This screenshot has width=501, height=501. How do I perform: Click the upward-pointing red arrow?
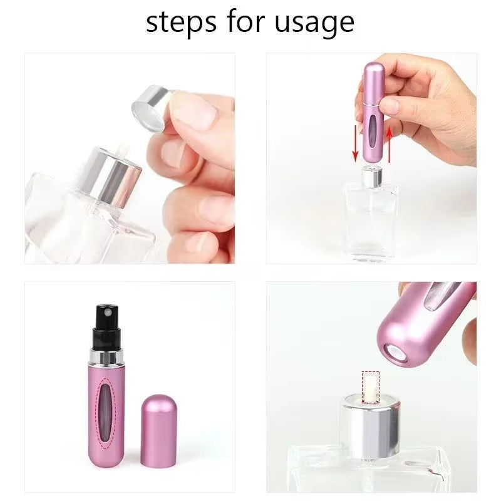(x=388, y=142)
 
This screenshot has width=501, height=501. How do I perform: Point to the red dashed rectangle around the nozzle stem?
(x=371, y=386)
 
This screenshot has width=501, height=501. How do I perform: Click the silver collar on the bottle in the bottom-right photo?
(x=370, y=426)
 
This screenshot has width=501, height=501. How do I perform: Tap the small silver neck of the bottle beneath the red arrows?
(x=371, y=177)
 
